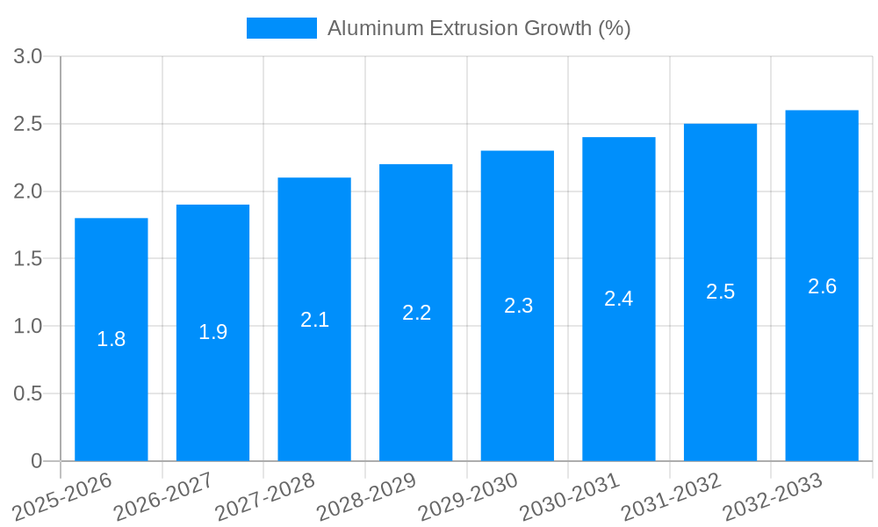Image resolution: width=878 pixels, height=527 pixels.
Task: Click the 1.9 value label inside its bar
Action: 213,332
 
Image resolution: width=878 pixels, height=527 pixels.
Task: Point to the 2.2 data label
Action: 416,312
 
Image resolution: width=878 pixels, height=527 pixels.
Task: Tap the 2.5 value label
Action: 721,292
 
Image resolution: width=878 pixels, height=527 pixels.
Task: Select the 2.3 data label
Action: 518,306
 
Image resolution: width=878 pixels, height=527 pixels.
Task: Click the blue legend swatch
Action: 281,28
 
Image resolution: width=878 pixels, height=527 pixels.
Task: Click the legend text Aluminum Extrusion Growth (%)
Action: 479,28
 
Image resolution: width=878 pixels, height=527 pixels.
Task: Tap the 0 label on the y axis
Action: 36,461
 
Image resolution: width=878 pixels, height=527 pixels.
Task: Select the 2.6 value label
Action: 822,285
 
